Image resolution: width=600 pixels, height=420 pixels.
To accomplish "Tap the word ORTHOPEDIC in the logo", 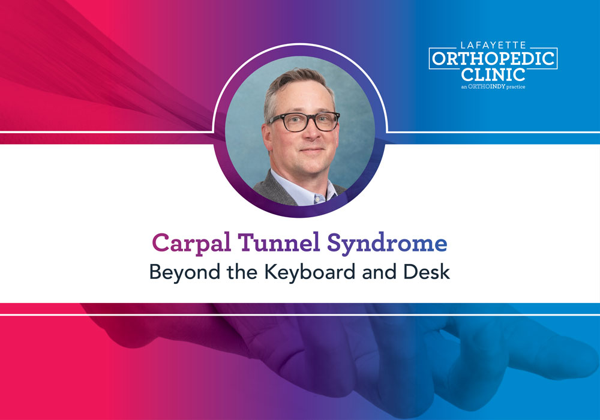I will (x=493, y=59).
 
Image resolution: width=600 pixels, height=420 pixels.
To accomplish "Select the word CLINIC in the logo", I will (x=493, y=74).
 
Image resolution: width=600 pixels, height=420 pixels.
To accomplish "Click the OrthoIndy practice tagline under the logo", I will (x=493, y=88).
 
